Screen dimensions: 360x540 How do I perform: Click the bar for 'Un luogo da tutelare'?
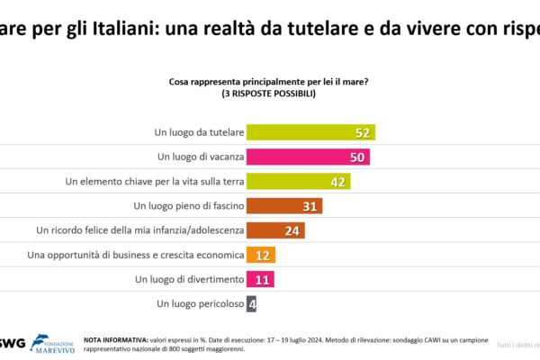coord(310,132)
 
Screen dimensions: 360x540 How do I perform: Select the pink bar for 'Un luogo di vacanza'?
coord(308,157)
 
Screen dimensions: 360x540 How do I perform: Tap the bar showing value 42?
coord(298,181)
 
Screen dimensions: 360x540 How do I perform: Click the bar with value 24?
coord(275,230)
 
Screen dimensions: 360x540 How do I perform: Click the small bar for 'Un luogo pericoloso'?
coord(251,303)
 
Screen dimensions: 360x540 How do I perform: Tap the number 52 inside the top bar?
coord(363,132)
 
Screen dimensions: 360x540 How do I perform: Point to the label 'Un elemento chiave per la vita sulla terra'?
coord(155,181)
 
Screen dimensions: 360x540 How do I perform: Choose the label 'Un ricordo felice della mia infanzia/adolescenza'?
coord(139,230)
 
